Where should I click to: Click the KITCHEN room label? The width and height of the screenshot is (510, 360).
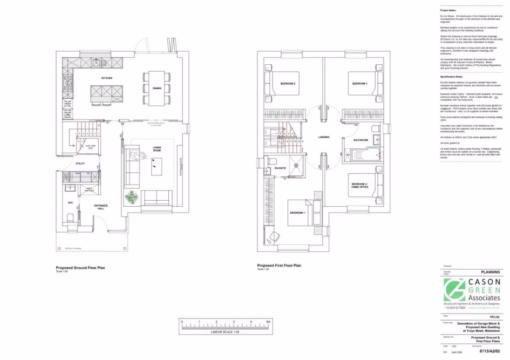[107, 79]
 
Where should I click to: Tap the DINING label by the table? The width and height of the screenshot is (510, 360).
[157, 88]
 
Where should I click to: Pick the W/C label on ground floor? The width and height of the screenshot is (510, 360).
[70, 202]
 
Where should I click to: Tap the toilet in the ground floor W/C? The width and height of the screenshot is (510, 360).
[69, 219]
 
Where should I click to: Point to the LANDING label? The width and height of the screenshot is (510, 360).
[324, 137]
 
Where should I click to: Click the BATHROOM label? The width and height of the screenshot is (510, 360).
[361, 140]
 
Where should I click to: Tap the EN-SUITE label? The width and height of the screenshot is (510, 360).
[280, 168]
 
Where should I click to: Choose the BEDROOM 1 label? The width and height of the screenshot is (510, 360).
[297, 213]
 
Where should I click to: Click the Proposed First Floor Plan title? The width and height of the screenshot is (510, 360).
[280, 266]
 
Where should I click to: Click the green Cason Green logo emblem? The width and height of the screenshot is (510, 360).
[454, 290]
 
